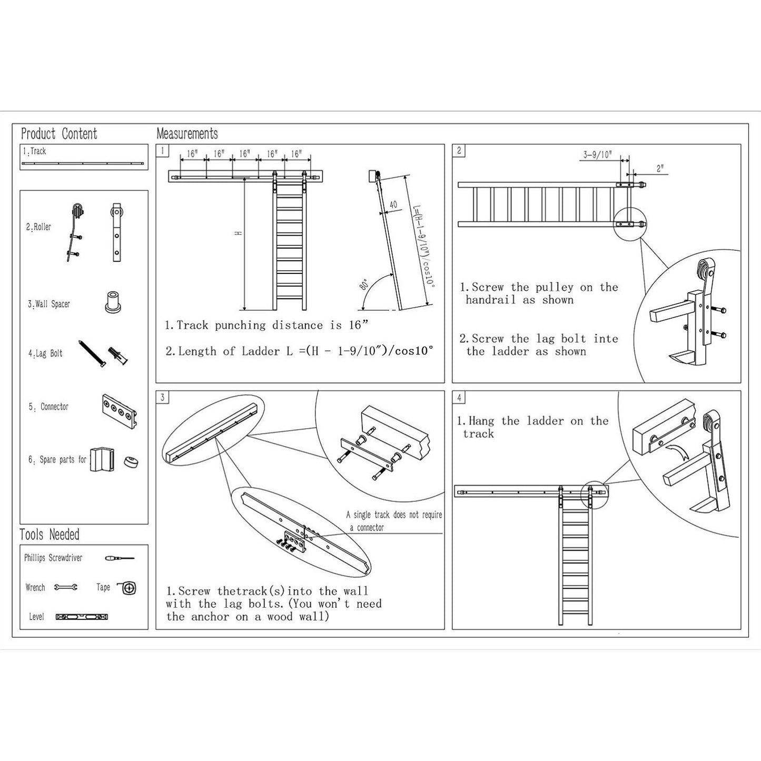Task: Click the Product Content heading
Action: pos(59,134)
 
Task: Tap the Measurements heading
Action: pos(187,133)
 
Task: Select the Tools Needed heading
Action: pos(50,535)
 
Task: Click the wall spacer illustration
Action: pos(113,302)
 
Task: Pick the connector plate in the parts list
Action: pos(120,411)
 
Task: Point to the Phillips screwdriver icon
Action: pos(120,558)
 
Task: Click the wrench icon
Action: pos(65,587)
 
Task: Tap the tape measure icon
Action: pos(127,588)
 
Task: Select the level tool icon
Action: pos(82,617)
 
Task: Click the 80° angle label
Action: pos(364,284)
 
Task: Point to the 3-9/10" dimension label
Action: pos(598,154)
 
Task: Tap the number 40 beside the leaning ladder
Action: pos(393,204)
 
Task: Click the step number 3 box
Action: pos(162,397)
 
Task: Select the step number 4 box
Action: pos(459,397)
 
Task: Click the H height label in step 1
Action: pos(238,233)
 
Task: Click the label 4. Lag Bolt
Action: pos(45,353)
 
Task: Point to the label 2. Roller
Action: pos(38,226)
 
